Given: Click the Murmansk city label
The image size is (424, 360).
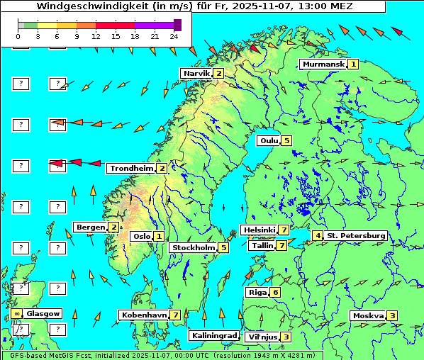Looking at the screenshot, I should click(x=323, y=64).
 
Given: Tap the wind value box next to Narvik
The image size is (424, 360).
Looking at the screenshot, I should click(x=219, y=73).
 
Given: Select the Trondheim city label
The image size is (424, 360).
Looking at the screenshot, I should click(x=131, y=169).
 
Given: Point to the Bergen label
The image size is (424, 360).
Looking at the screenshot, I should click(x=90, y=227).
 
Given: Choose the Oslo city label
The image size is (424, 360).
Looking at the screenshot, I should click(x=141, y=237).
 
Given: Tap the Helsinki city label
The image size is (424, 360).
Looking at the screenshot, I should click(x=259, y=230).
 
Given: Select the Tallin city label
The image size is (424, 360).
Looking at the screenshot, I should click(x=262, y=246).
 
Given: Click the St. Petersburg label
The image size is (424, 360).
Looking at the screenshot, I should click(x=356, y=235).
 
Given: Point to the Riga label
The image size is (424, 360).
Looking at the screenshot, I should click(x=256, y=293).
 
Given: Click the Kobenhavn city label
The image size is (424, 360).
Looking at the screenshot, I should click(x=144, y=315).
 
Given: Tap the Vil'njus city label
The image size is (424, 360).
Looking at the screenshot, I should click(x=262, y=337).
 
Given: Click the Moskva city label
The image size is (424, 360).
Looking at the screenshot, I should click(x=368, y=315).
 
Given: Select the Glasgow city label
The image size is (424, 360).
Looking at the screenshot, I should click(x=43, y=313).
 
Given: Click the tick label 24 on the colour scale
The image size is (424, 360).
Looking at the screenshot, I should click(x=174, y=35).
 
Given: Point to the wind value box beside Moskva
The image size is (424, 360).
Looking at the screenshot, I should click(x=392, y=316).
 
